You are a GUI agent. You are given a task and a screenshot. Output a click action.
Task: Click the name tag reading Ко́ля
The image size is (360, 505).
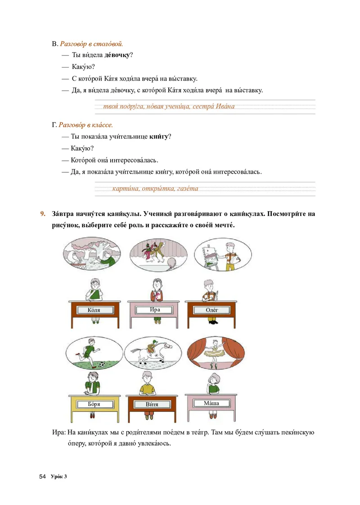(94, 310)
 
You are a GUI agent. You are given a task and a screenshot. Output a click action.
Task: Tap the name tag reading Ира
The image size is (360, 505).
(155, 310)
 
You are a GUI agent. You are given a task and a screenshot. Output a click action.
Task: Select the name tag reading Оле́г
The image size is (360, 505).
(212, 310)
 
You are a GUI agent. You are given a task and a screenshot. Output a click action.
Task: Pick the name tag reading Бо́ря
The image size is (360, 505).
(94, 404)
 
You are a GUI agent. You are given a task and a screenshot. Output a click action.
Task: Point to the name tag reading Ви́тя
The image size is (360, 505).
(152, 404)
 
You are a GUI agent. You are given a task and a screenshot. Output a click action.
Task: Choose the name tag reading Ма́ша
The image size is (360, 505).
(211, 403)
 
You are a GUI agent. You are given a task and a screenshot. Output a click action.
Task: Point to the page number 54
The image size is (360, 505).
(43, 477)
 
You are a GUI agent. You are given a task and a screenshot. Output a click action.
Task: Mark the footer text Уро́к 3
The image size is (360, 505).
(58, 477)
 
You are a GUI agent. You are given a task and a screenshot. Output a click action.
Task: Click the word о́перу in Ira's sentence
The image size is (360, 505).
(76, 443)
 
